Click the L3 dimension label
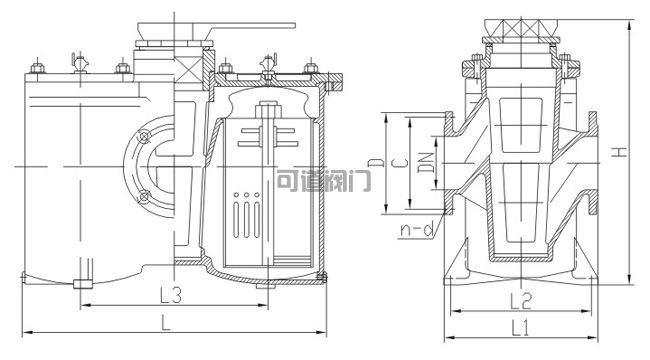[171, 295]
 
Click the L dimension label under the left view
[166, 322]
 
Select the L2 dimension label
[521, 301]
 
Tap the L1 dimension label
[520, 329]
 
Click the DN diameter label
[426, 163]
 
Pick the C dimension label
[401, 163]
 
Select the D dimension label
[376, 163]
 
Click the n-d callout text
[417, 229]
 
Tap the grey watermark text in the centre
[323, 180]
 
